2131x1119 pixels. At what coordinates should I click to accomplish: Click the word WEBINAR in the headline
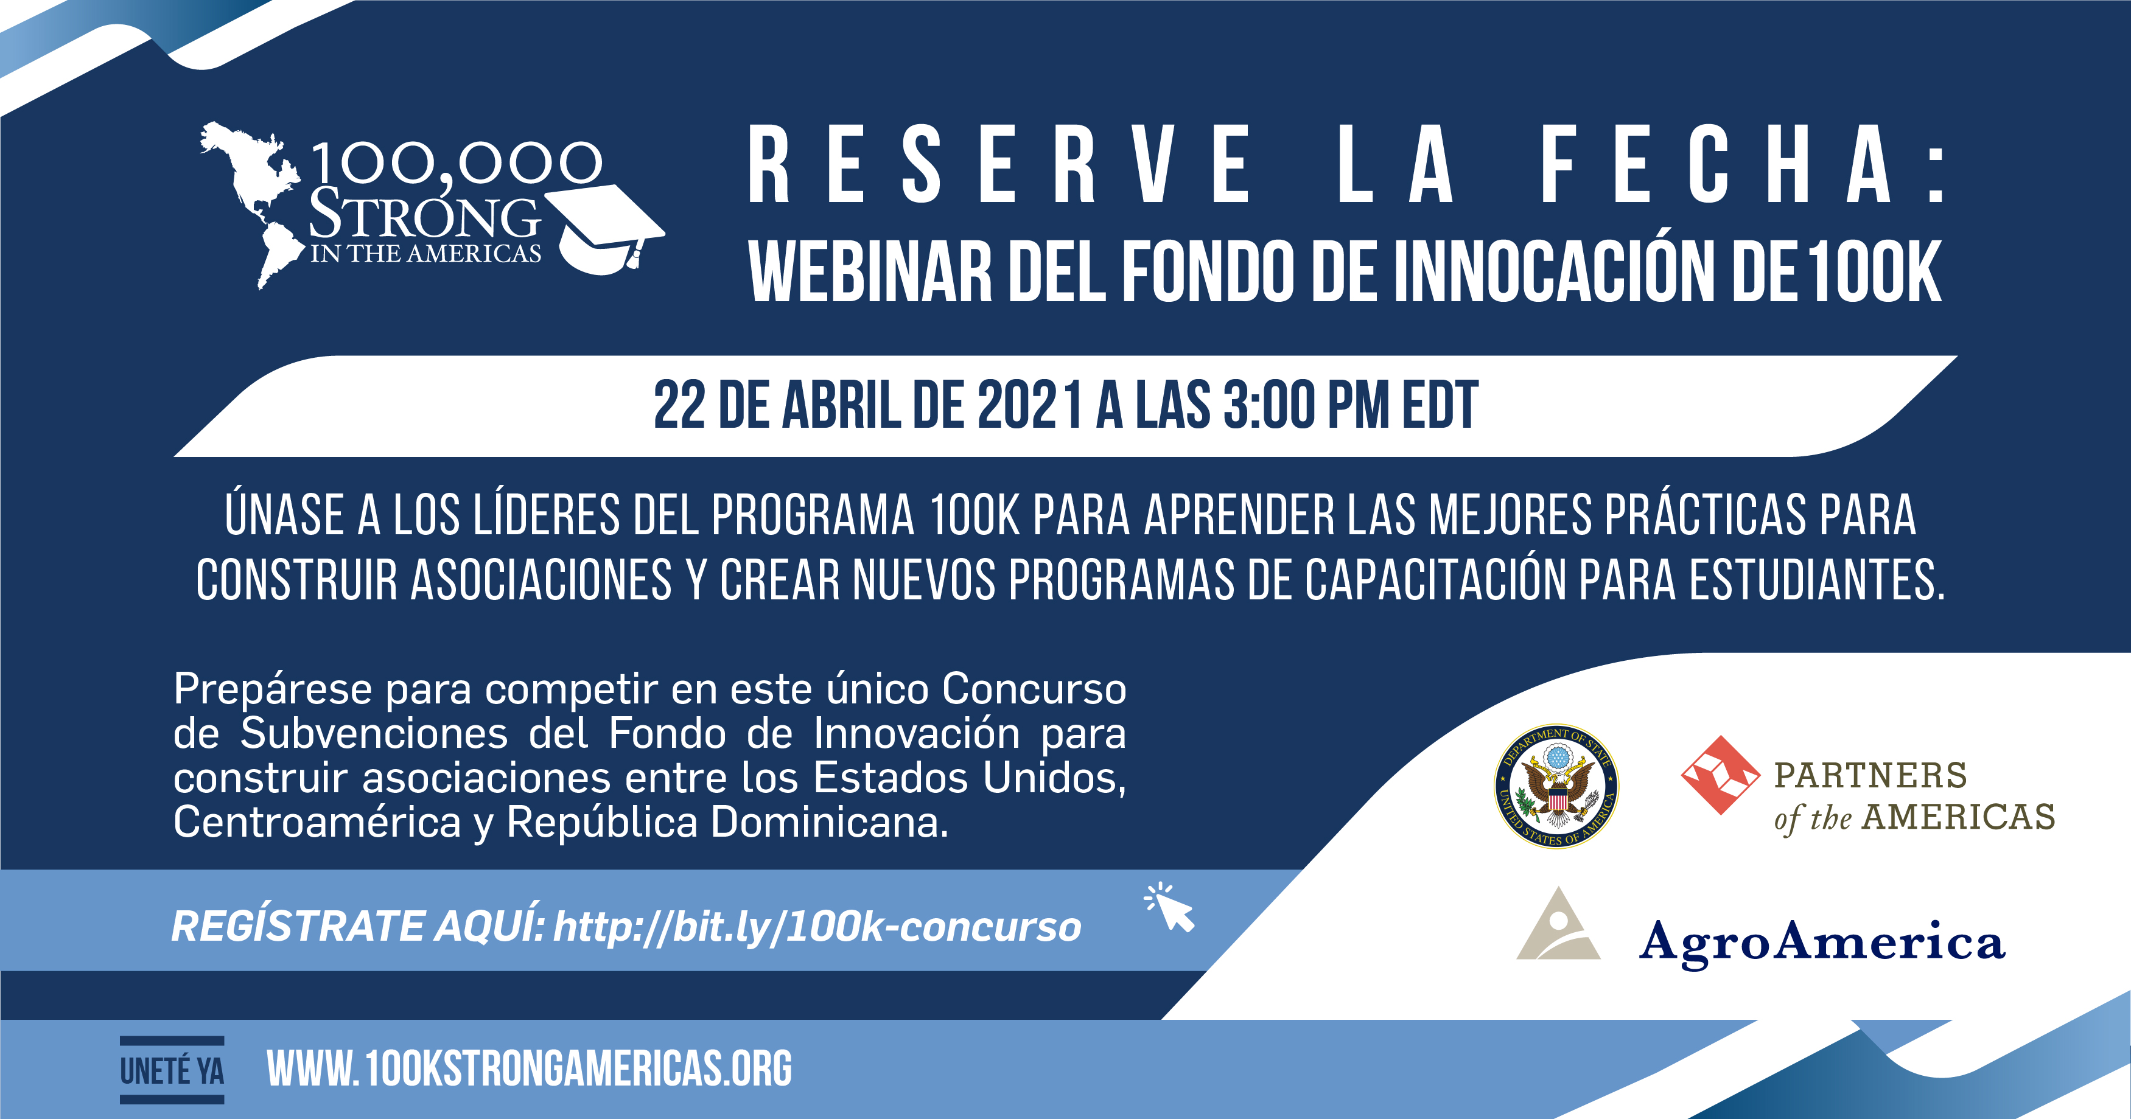click(869, 271)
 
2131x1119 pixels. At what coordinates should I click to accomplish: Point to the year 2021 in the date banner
click(1031, 405)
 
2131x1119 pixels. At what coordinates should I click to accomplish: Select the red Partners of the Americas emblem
click(1721, 775)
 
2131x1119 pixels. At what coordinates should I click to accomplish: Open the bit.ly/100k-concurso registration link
click(817, 926)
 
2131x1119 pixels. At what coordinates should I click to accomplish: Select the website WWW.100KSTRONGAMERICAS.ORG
click(530, 1068)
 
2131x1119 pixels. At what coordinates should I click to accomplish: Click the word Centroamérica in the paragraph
click(317, 823)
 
